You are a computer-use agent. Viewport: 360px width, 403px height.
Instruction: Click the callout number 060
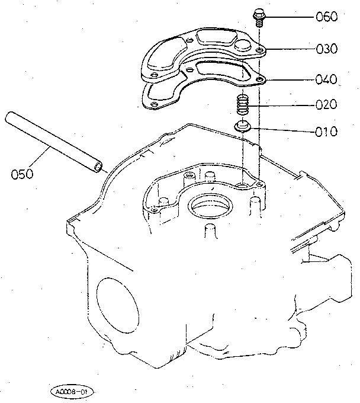point(326,17)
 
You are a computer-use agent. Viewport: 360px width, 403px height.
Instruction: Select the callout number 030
point(326,49)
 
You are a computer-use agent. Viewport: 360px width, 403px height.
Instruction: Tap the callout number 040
point(326,79)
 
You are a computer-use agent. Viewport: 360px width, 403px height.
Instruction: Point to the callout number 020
point(326,104)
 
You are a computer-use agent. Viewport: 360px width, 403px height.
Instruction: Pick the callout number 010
point(326,132)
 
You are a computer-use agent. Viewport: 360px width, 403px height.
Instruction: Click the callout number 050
point(22,174)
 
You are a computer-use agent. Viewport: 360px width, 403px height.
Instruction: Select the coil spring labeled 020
point(242,104)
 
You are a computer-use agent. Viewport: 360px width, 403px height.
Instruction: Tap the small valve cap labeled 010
point(242,126)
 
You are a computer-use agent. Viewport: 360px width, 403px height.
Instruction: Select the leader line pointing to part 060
point(290,17)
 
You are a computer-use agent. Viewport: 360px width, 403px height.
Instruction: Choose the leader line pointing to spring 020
point(282,105)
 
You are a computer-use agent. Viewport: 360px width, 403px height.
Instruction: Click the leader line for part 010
point(283,130)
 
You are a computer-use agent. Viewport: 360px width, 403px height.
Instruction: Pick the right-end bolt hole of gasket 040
point(261,79)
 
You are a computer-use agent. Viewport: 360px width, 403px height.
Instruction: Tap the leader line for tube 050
point(38,157)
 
